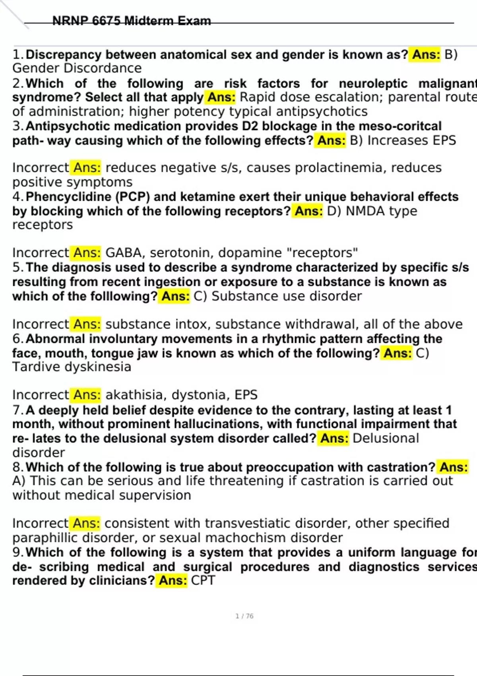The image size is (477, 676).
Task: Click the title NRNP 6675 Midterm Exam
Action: click(132, 21)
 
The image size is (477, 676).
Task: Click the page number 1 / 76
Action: click(244, 616)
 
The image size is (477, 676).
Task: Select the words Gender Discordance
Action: click(77, 68)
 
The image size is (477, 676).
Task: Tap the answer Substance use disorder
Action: click(286, 296)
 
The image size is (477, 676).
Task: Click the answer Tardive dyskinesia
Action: click(72, 367)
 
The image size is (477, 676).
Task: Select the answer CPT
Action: click(203, 581)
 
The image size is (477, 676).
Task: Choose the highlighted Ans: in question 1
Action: click(426, 54)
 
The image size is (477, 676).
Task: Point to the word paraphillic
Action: click(45, 538)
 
